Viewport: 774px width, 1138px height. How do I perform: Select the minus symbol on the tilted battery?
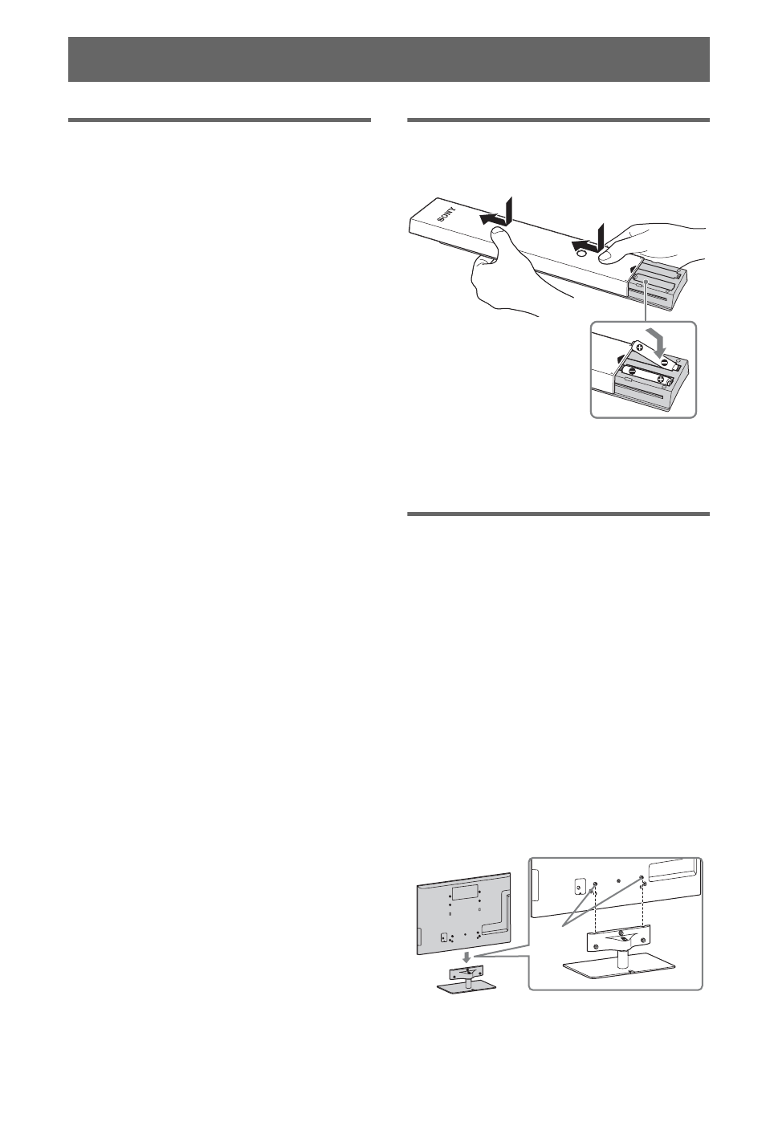coord(666,361)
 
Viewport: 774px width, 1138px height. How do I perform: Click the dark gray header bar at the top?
coord(389,59)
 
